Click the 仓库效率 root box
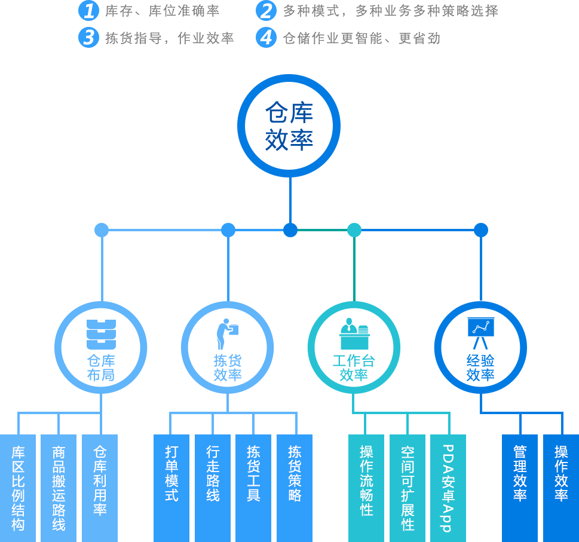(289, 125)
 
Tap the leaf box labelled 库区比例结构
(18, 487)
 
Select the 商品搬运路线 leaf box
(59, 487)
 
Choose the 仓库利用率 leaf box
(100, 487)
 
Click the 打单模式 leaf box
(171, 487)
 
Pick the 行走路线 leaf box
(213, 487)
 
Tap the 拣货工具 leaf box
(253, 487)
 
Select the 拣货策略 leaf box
(295, 487)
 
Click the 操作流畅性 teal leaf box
(366, 487)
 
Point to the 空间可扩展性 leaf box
(408, 487)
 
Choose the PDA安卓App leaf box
(448, 487)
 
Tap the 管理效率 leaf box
(520, 487)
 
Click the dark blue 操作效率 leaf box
(560, 487)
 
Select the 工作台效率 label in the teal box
(355, 368)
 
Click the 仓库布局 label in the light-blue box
(102, 368)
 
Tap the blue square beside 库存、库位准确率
(89, 11)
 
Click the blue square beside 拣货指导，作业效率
(89, 37)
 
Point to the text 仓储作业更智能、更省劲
(362, 38)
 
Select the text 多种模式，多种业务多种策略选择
(390, 11)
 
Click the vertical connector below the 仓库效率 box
(290, 200)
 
